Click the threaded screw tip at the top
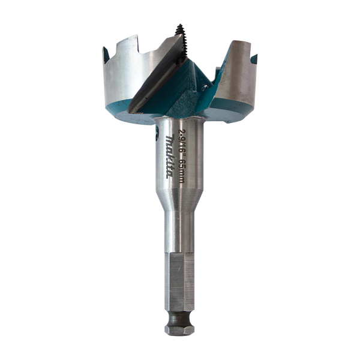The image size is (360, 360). coord(179,29)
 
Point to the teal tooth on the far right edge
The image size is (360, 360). coord(256,58)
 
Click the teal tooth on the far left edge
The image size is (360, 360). coord(106,57)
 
